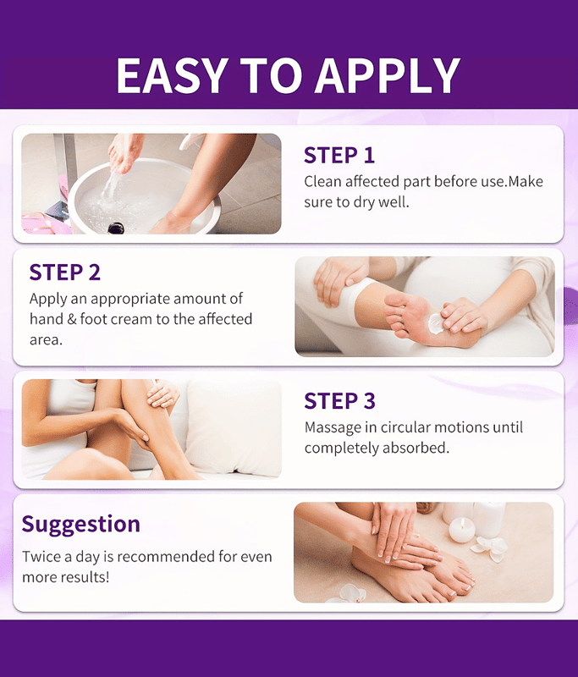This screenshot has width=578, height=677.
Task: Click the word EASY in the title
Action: (173, 75)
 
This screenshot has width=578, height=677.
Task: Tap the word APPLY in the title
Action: (388, 75)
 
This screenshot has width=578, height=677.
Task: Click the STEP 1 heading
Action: (339, 156)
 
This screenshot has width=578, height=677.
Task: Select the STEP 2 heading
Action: (65, 272)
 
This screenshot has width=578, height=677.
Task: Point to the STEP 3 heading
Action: (339, 400)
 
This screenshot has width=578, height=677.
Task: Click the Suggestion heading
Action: (81, 525)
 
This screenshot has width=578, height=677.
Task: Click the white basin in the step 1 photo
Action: (143, 196)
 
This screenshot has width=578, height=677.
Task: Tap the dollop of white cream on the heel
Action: (436, 323)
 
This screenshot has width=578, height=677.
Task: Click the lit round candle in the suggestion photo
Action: (461, 530)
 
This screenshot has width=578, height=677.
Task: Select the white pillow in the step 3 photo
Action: (233, 427)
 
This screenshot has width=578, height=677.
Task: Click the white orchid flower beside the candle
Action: (489, 549)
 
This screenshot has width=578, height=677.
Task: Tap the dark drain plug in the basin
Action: (116, 228)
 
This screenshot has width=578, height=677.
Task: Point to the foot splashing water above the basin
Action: (124, 152)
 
